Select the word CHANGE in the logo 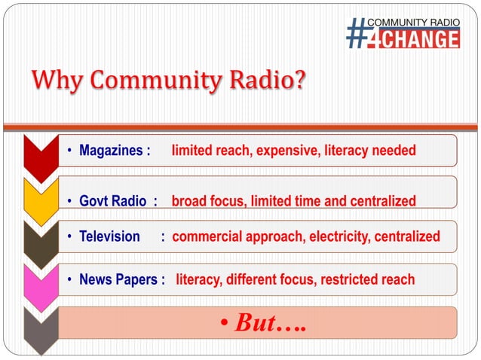(x=422, y=38)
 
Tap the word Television (x=109, y=236)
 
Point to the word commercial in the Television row (x=208, y=236)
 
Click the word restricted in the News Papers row (x=348, y=280)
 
